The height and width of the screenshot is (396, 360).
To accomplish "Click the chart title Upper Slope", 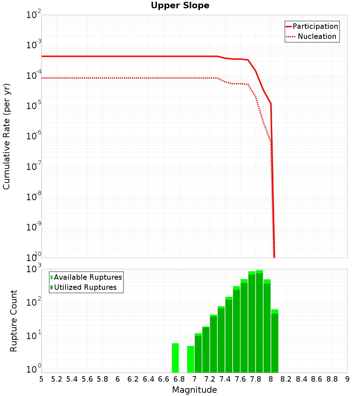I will coord(180,5).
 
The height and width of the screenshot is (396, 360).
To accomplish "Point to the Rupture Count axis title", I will coord(14,320).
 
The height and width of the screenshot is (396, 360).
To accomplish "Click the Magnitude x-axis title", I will coord(194,390).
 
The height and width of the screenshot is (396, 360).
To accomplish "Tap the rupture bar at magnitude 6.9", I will coord(190,359).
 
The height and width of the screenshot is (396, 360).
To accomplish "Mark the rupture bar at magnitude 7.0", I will coord(198,353).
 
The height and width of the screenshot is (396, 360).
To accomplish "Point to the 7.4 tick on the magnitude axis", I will coord(225,379).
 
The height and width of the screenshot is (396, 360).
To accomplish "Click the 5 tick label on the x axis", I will coord(41,379).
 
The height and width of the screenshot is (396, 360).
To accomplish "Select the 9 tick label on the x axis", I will coord(347,379).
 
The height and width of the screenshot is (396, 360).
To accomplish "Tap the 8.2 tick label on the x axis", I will coord(286,379).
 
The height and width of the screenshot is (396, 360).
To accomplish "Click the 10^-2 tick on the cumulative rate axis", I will coord(34,15).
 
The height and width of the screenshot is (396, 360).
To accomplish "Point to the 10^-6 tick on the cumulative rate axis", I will coord(34,136).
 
